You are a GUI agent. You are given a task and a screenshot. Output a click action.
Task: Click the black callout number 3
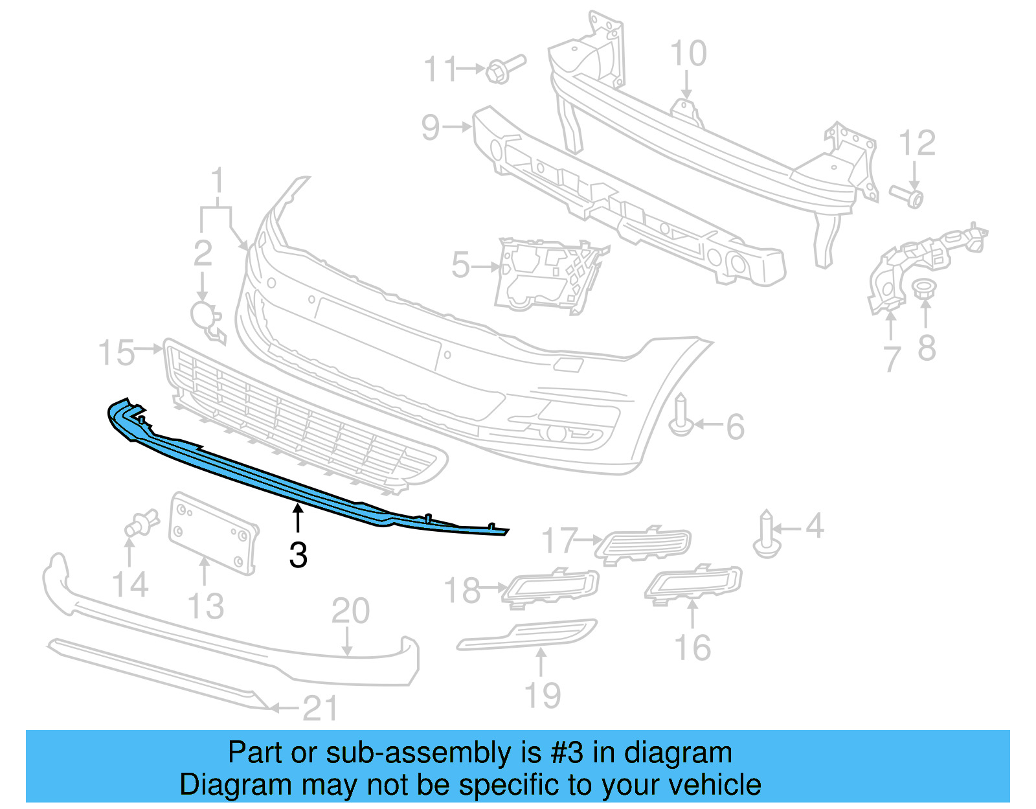tap(298, 555)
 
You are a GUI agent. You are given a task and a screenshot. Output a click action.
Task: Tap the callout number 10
tap(688, 54)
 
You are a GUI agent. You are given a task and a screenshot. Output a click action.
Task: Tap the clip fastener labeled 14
tap(141, 523)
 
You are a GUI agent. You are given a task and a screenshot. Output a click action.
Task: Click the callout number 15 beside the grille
tap(117, 352)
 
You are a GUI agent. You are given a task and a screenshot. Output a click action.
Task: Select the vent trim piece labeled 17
tap(645, 543)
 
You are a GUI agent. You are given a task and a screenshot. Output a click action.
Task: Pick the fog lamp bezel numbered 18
tap(551, 586)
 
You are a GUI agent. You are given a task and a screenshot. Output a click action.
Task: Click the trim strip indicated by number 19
tap(526, 635)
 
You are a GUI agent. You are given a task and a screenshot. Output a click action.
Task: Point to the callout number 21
tap(320, 709)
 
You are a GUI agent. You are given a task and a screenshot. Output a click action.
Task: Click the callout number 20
tap(350, 611)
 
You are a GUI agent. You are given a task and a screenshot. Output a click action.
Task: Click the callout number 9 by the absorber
tap(431, 127)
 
